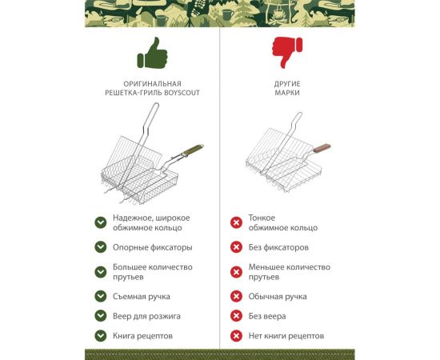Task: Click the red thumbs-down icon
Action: click(x=286, y=54)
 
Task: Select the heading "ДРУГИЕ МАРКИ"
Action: click(x=286, y=88)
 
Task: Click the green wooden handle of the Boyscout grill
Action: click(x=190, y=151)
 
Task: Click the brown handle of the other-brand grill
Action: click(x=322, y=147)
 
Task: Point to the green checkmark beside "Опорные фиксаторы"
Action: click(x=101, y=247)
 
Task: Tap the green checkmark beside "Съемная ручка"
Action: click(x=101, y=296)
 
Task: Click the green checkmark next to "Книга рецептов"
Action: click(x=101, y=336)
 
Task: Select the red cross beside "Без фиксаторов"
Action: click(x=236, y=247)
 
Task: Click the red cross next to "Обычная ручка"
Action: click(x=236, y=296)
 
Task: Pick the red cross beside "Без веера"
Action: click(x=236, y=316)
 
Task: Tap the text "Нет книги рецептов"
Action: click(x=286, y=336)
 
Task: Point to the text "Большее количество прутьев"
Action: click(x=152, y=272)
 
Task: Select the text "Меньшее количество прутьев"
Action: click(x=289, y=272)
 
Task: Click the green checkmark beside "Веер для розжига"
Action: click(x=101, y=316)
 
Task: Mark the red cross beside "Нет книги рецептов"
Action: click(x=236, y=336)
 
